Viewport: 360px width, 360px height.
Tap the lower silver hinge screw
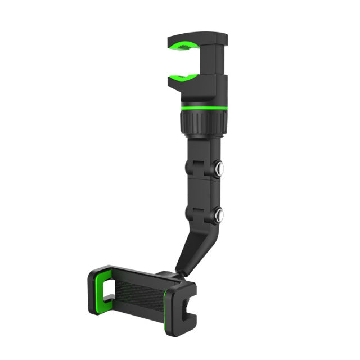tap(218, 214)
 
